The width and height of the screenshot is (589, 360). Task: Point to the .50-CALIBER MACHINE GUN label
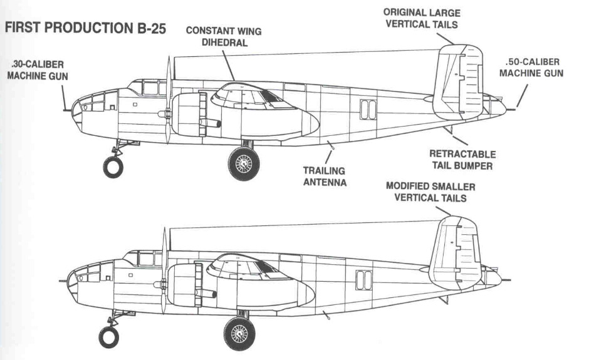(x=533, y=68)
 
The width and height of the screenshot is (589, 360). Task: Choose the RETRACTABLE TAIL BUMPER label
(x=462, y=160)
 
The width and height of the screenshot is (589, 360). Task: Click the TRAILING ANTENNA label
(x=325, y=177)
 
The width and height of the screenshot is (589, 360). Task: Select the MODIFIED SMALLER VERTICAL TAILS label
(x=430, y=192)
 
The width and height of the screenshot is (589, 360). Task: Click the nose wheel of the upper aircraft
(x=113, y=167)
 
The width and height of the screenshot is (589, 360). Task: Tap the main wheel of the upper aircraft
(x=244, y=162)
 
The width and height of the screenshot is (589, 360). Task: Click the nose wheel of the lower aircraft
(x=109, y=337)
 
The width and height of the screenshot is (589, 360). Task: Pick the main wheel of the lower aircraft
(x=240, y=332)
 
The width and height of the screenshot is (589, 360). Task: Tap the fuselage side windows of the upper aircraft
(x=368, y=109)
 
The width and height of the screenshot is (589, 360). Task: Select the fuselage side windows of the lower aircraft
(x=363, y=280)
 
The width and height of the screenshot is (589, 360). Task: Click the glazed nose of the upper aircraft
(x=86, y=106)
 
